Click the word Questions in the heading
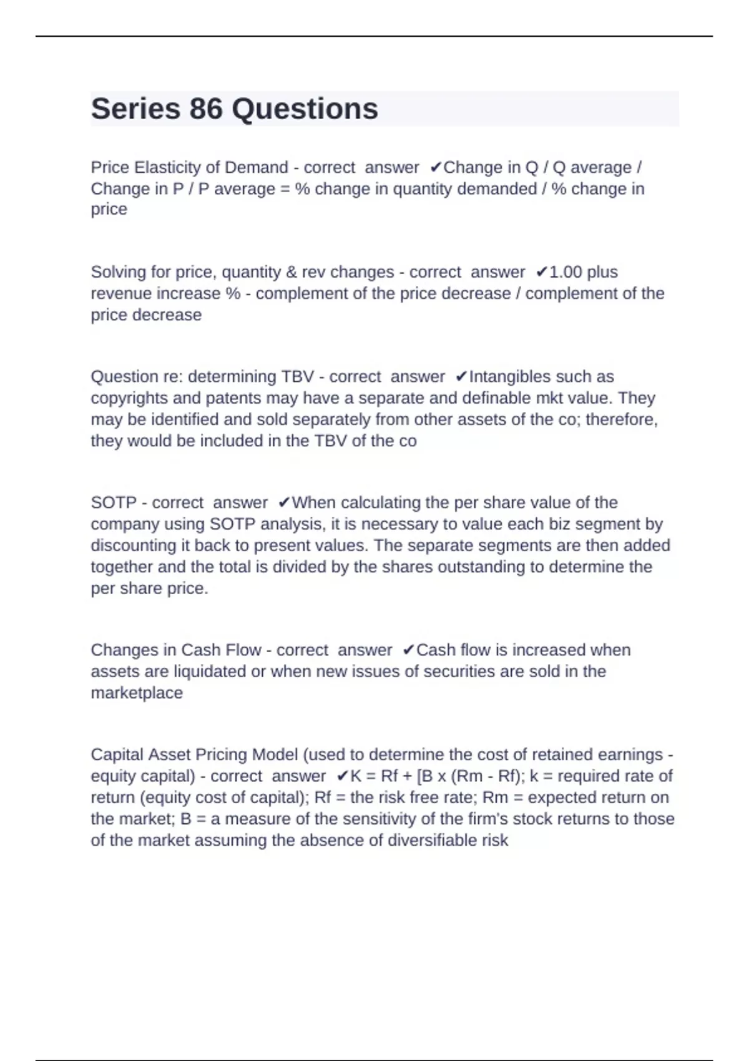coord(305,109)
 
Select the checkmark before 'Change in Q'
coord(436,167)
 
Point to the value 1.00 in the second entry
coord(565,272)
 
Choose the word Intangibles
coord(511,377)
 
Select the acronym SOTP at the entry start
coord(114,502)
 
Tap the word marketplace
coord(137,693)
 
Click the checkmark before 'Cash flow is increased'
coord(409,650)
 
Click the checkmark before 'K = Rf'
coord(343,776)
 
